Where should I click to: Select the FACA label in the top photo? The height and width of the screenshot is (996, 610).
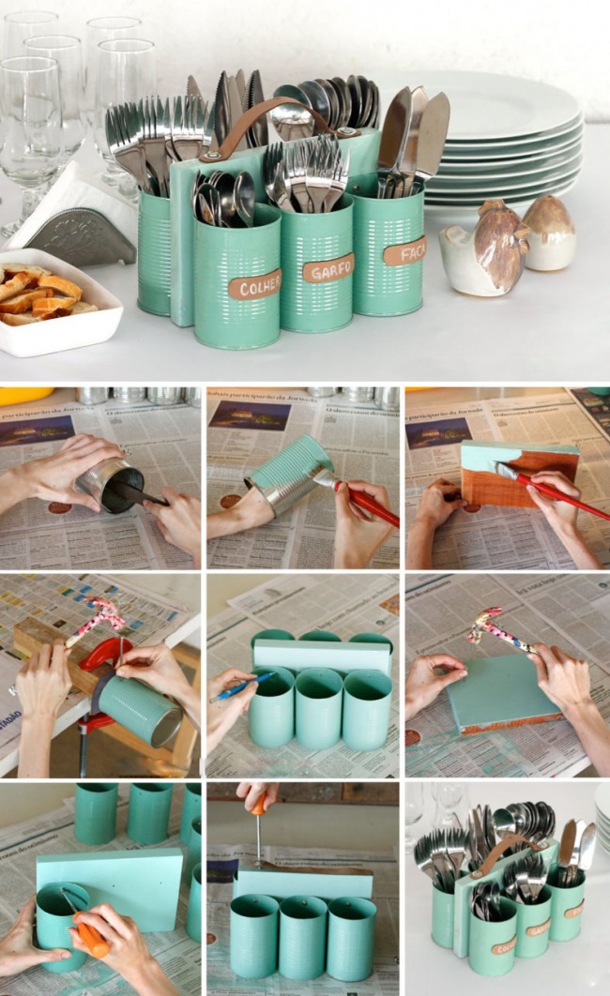pyautogui.click(x=404, y=250)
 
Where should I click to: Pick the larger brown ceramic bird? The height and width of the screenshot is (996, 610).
pyautogui.click(x=497, y=246)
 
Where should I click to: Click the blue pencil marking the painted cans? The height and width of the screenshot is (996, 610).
pyautogui.click(x=241, y=687)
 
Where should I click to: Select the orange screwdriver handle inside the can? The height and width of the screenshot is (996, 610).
pyautogui.click(x=90, y=936)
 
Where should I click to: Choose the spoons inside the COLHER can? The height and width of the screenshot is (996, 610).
pyautogui.click(x=223, y=192)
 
